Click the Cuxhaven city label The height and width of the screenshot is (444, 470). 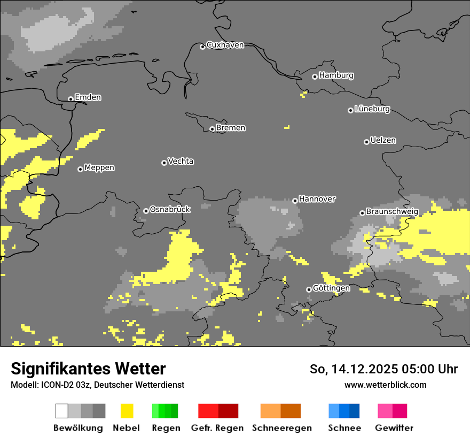225,45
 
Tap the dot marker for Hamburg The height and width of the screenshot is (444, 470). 315,76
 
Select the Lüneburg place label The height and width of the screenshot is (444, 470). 372,109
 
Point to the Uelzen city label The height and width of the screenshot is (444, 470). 383,141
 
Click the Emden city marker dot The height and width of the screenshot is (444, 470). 70,99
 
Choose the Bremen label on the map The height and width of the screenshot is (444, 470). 231,128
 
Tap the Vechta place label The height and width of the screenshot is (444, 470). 181,162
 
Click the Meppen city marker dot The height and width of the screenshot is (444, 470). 80,169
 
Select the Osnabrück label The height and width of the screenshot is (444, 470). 170,210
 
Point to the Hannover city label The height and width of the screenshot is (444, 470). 317,199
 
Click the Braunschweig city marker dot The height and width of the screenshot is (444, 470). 362,213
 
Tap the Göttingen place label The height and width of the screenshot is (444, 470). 331,288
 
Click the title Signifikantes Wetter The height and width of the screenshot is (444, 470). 88,369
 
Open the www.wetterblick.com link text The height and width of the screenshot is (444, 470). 385,385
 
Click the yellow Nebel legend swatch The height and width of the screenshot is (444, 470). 127,411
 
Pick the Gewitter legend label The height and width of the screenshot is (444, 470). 394,428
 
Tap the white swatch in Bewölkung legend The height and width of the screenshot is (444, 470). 62,411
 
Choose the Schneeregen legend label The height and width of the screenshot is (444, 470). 281,428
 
